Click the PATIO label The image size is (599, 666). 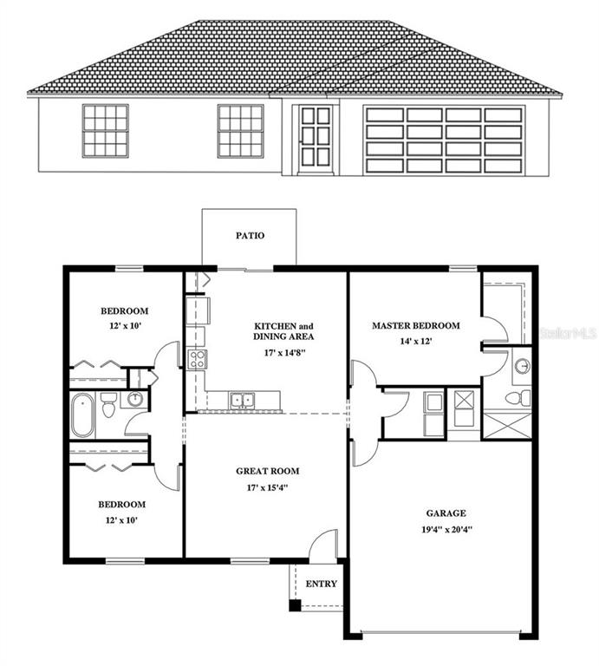click(250, 235)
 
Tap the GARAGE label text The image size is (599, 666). click(446, 513)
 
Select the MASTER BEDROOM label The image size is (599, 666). click(415, 326)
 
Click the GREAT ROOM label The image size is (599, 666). click(268, 472)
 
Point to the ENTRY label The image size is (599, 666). click(321, 584)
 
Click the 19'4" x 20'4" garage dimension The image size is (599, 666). click(446, 528)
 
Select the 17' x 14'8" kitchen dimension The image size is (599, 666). click(283, 352)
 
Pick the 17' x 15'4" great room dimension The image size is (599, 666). click(267, 487)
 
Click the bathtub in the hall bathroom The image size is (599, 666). click(81, 415)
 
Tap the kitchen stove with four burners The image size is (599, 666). click(197, 358)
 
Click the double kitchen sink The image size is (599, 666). click(241, 400)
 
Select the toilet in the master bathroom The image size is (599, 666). click(517, 397)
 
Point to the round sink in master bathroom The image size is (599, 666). click(522, 366)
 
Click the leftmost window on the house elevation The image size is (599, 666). click(105, 130)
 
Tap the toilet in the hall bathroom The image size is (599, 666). click(108, 404)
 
